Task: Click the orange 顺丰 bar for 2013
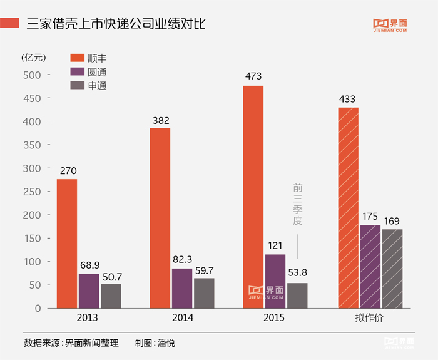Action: click(x=67, y=244)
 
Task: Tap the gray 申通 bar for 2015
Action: click(x=297, y=296)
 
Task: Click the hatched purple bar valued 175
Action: click(x=370, y=267)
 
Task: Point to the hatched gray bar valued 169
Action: click(x=392, y=269)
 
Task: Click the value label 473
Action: click(x=253, y=76)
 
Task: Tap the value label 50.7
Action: click(x=111, y=275)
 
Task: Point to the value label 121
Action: click(x=275, y=245)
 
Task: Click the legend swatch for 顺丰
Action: click(x=76, y=58)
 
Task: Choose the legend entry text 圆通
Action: click(x=98, y=72)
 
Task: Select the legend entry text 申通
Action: click(x=98, y=86)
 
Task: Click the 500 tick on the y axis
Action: click(x=33, y=75)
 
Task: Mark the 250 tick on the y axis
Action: click(x=33, y=192)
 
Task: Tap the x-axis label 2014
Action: click(x=182, y=318)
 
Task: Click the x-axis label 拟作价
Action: click(x=370, y=318)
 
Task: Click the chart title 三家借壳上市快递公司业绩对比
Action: click(x=116, y=24)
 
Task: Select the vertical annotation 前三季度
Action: click(x=297, y=204)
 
